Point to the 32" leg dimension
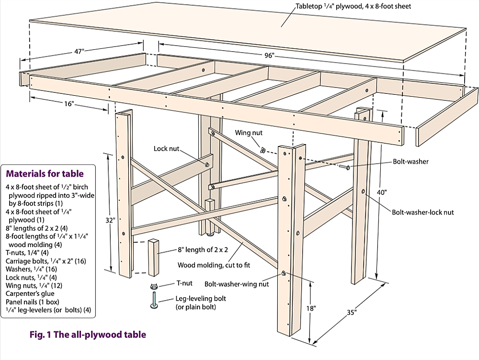pyautogui.click(x=111, y=220)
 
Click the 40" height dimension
pyautogui.click(x=382, y=192)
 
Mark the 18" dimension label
pyautogui.click(x=311, y=309)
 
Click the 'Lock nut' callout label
pyautogui.click(x=166, y=149)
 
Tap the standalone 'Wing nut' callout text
pyautogui.click(x=248, y=132)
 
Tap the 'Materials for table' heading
pyautogui.click(x=45, y=174)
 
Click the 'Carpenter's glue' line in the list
pyautogui.click(x=30, y=293)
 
